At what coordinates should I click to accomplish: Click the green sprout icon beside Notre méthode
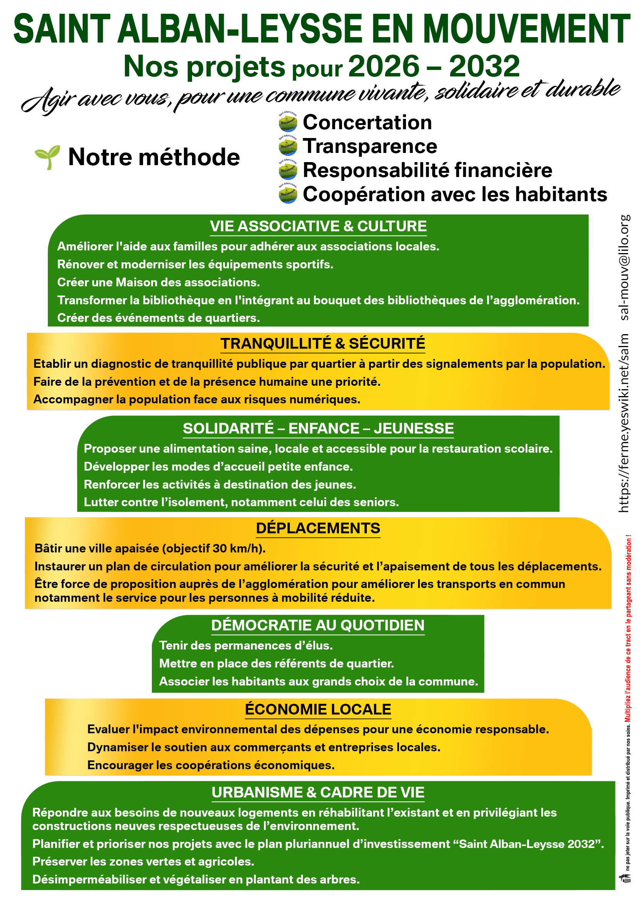click(47, 157)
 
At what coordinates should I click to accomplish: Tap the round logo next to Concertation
click(288, 122)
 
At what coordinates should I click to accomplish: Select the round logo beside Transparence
click(288, 146)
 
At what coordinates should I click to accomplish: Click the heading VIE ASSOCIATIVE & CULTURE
click(318, 226)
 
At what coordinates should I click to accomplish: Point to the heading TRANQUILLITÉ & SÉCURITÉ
click(323, 343)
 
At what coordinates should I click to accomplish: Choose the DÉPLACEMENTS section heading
click(318, 528)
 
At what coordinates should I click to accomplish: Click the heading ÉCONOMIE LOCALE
click(318, 709)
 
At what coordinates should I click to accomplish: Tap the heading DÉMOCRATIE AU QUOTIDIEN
click(318, 625)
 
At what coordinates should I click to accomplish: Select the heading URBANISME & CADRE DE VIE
click(318, 792)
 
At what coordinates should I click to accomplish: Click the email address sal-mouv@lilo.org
click(624, 267)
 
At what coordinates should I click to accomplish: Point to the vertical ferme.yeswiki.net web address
click(624, 424)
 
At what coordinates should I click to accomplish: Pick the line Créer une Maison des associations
click(158, 282)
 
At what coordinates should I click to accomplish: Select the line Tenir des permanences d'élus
click(246, 645)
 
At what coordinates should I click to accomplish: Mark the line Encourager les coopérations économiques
click(211, 765)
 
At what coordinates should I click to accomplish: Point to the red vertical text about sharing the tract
click(628, 629)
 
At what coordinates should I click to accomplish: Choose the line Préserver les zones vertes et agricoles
click(143, 861)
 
